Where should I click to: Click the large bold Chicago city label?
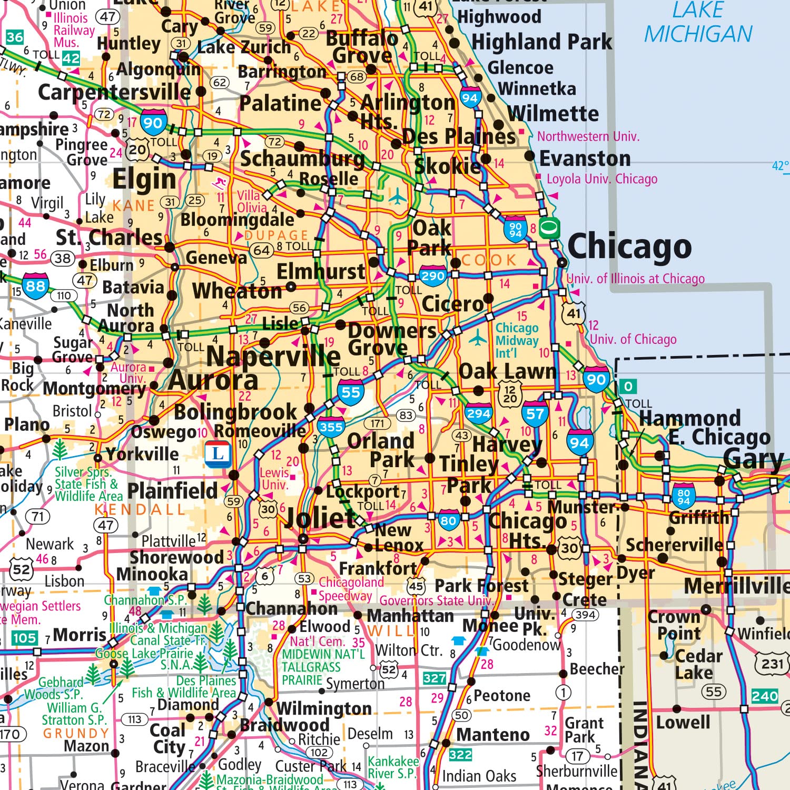[629, 246]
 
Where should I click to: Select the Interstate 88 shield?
[35, 285]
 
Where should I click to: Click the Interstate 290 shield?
[433, 276]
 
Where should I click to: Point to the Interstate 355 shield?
[331, 427]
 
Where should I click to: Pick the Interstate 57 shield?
[535, 414]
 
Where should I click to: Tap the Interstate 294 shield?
[478, 414]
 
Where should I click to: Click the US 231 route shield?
[772, 663]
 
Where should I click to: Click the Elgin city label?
[144, 180]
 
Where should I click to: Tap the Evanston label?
[585, 158]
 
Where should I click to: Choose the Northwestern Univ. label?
[588, 136]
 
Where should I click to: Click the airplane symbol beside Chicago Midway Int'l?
[478, 338]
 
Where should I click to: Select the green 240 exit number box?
[765, 696]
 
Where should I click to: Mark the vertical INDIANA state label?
[638, 745]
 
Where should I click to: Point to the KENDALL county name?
[140, 509]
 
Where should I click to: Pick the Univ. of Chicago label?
[633, 339]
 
